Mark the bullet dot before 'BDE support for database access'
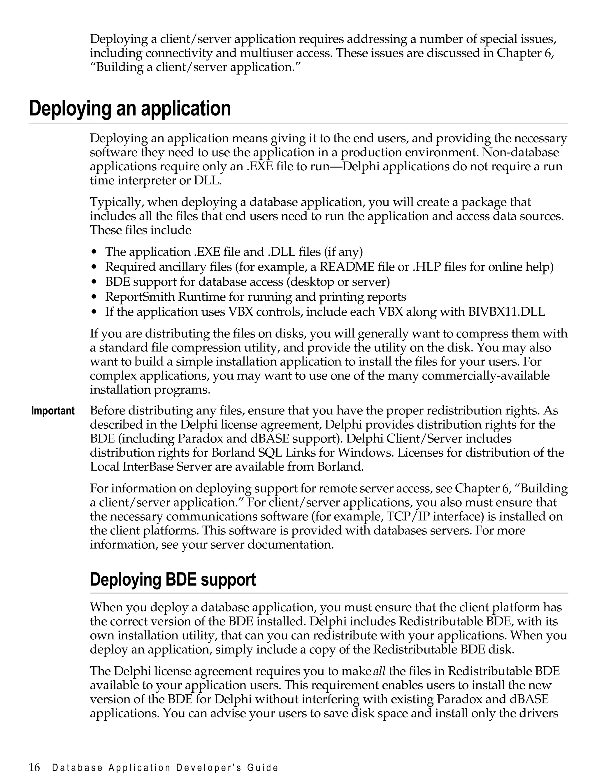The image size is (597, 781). [94, 282]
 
